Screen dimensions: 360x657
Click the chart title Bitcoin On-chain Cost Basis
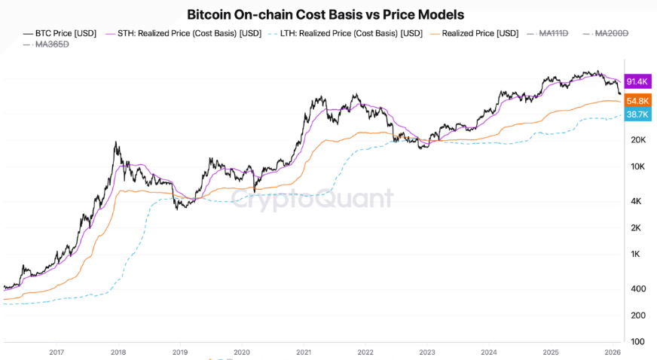(325, 14)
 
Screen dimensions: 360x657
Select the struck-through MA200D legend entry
(611, 33)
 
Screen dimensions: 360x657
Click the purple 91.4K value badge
(637, 81)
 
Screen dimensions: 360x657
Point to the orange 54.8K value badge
(637, 101)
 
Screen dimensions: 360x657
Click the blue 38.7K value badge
(637, 114)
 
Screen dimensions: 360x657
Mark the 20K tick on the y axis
(639, 140)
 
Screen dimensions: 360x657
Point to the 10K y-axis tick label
(639, 166)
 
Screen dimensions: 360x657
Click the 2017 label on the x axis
(56, 352)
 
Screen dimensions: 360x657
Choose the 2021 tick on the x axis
(304, 352)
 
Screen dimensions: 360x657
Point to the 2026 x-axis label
(613, 352)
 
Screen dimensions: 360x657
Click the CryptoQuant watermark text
(311, 199)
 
